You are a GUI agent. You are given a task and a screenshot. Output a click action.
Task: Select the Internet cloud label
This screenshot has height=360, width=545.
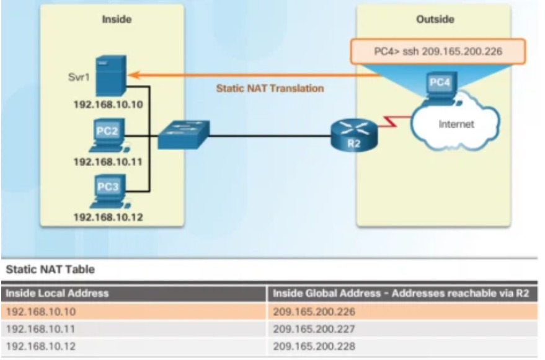click(456, 124)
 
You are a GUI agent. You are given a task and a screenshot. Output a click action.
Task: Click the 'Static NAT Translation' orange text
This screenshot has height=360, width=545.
click(270, 89)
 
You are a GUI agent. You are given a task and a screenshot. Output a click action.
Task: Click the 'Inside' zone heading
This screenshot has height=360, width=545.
click(117, 19)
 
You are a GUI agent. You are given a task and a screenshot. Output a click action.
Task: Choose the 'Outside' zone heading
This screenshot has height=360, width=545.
click(435, 19)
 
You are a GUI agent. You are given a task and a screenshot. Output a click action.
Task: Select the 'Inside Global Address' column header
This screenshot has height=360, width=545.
click(400, 292)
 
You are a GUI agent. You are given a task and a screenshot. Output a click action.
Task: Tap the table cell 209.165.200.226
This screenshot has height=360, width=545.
click(314, 311)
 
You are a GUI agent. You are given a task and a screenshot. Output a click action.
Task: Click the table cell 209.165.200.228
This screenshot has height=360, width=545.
click(314, 346)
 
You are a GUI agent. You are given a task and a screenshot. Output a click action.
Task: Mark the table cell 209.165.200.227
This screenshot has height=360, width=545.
click(314, 328)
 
